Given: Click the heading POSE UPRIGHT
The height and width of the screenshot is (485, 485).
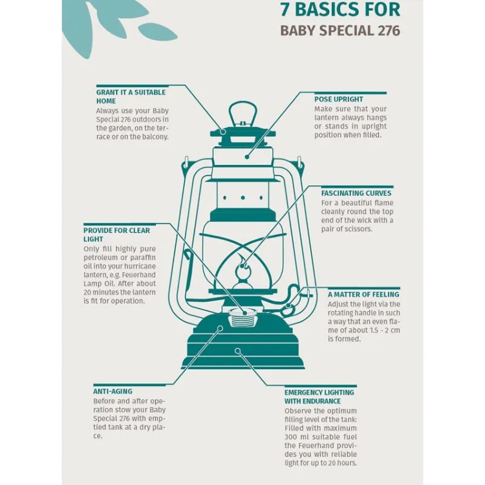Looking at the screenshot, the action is (x=339, y=100).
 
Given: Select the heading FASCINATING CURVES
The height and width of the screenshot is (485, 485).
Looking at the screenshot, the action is (x=356, y=193).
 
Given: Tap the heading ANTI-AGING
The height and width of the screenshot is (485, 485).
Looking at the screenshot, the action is (x=113, y=391).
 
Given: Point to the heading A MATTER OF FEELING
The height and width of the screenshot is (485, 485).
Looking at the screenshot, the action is (x=363, y=294).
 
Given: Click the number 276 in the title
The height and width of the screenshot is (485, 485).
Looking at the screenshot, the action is (x=389, y=30).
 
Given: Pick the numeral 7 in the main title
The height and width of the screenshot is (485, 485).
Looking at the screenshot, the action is (x=285, y=9).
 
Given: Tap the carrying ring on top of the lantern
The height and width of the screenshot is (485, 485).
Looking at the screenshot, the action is (x=242, y=113).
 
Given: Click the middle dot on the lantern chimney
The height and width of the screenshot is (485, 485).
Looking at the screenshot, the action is (x=242, y=198).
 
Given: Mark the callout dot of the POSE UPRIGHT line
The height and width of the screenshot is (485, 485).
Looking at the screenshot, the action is (x=247, y=157).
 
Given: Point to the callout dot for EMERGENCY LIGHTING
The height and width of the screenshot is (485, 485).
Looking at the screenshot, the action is (x=237, y=350).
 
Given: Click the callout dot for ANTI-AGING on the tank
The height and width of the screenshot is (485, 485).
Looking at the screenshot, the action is (x=221, y=328).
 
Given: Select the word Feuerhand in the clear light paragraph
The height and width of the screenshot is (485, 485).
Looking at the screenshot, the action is (x=138, y=275).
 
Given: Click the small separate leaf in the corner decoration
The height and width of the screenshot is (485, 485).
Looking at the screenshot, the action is (x=158, y=32).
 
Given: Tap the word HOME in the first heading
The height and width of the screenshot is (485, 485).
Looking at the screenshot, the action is (x=106, y=101).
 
